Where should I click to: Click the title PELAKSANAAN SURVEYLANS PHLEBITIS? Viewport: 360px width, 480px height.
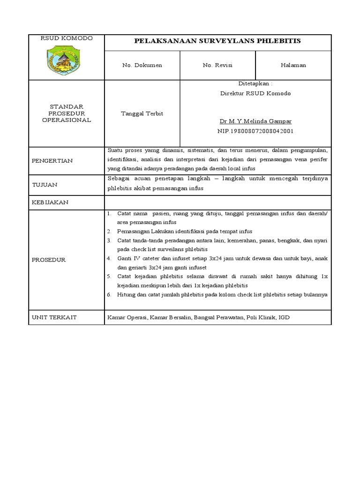click(x=217, y=41)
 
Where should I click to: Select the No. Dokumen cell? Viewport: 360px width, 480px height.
click(x=142, y=65)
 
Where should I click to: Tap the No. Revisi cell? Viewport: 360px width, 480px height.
click(x=217, y=65)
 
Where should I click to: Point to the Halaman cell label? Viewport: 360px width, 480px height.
click(x=293, y=65)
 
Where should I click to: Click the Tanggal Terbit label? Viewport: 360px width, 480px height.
click(x=142, y=114)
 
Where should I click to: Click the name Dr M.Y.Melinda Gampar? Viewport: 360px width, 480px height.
click(x=255, y=121)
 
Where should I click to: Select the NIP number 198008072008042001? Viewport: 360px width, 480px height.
click(x=255, y=131)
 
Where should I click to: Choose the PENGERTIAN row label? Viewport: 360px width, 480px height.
click(x=52, y=161)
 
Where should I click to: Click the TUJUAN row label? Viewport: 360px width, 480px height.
click(x=45, y=185)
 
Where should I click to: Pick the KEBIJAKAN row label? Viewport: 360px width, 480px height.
click(x=50, y=202)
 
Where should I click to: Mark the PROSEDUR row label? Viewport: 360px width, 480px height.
click(x=49, y=260)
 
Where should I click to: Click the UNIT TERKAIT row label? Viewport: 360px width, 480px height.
click(x=54, y=317)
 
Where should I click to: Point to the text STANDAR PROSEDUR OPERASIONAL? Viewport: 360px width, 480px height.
click(x=66, y=113)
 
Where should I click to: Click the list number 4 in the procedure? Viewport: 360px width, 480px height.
click(x=108, y=258)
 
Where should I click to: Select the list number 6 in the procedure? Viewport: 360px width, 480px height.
click(x=108, y=294)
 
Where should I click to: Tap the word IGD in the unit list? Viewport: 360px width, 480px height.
click(x=284, y=317)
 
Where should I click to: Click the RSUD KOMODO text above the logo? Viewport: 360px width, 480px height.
click(x=66, y=38)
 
